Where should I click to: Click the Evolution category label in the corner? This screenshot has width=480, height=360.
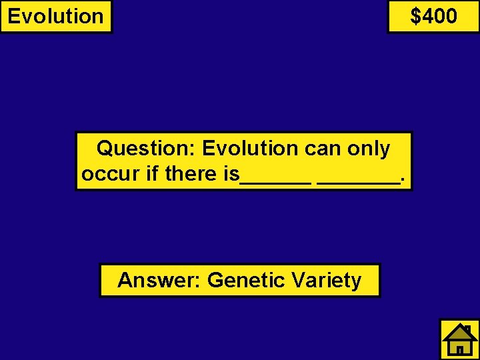[x=56, y=16]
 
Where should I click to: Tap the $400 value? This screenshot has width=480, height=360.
[x=434, y=15]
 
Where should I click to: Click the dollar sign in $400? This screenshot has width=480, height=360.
[x=415, y=15]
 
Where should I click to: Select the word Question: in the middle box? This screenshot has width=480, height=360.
[x=145, y=148]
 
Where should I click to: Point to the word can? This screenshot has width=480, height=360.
[x=323, y=148]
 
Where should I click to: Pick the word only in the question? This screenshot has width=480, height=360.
[x=369, y=148]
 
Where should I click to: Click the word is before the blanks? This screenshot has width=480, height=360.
[x=231, y=174]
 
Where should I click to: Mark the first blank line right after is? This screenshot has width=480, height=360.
[x=275, y=181]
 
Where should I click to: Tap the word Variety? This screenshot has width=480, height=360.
[x=325, y=280]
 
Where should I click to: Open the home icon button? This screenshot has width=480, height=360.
[x=459, y=339]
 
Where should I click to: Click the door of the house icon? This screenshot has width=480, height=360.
[x=459, y=349]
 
